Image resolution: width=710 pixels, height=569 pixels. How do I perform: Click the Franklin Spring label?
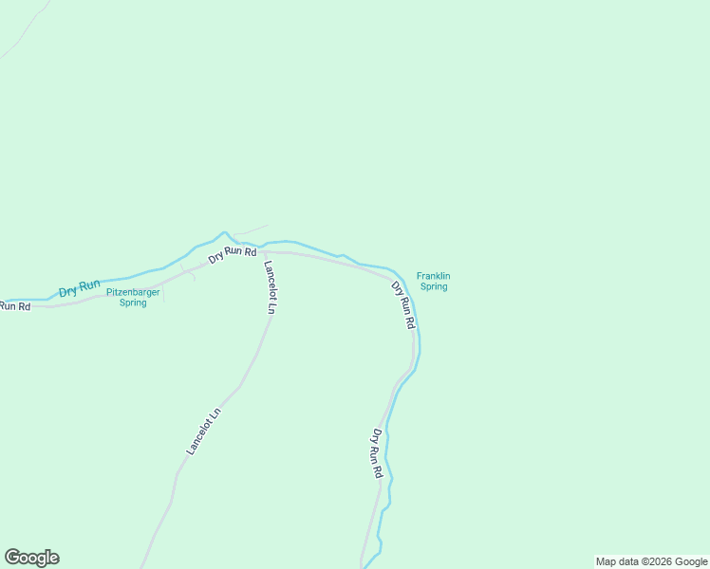tap(433, 281)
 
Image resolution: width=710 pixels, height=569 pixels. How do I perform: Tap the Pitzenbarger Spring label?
tap(133, 297)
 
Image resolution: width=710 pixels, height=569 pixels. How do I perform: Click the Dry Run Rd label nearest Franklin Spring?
tap(404, 305)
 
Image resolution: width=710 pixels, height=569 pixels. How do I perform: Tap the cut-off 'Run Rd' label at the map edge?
tap(14, 306)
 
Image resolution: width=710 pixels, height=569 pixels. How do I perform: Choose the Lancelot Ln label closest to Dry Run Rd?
tap(270, 286)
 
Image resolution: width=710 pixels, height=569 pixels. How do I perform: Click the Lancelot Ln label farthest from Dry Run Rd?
tap(203, 431)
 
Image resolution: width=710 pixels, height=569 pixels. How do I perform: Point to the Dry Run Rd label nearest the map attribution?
tap(377, 453)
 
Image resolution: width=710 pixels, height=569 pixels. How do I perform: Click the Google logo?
tap(31, 558)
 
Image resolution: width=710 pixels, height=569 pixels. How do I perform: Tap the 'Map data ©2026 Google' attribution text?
tap(652, 561)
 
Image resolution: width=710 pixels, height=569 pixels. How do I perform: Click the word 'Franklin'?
tap(433, 276)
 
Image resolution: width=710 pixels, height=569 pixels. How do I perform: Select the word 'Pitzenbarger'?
tap(133, 292)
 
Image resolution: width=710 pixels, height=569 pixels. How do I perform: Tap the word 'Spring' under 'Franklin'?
tap(433, 286)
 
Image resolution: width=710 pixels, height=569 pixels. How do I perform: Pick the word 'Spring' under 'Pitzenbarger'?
tap(133, 303)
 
